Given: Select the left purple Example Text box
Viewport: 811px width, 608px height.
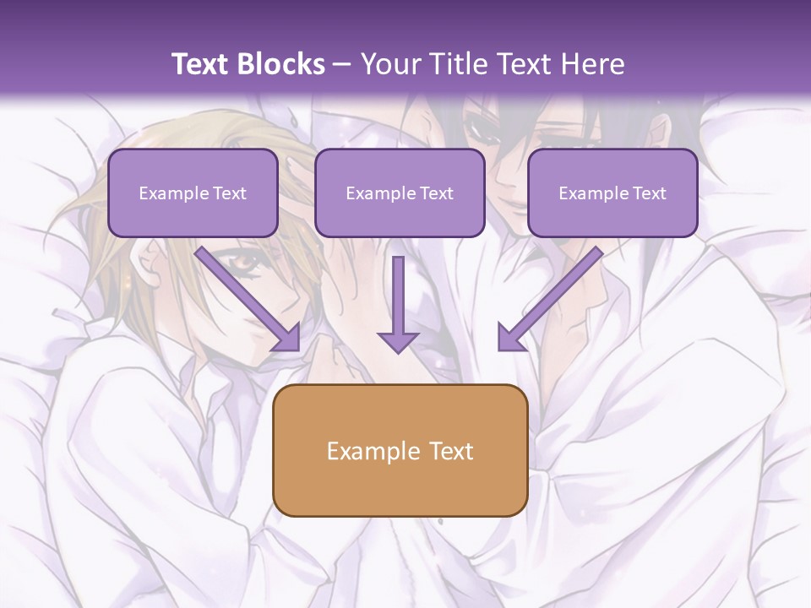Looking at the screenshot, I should pos(193,193).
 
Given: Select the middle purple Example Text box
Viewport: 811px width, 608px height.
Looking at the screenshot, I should pos(400,193).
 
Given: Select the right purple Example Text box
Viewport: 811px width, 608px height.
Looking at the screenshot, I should pos(612,193).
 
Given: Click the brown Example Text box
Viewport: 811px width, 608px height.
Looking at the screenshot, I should pos(400,450).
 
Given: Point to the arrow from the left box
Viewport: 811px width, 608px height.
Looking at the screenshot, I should pos(248,299).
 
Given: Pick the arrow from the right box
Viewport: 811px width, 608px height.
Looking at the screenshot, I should pos(549,299).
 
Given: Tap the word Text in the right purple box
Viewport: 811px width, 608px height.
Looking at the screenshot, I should pos(649,193).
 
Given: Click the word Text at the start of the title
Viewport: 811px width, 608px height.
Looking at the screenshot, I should pos(202,64).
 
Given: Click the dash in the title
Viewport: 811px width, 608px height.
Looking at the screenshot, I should pos(343,64).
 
